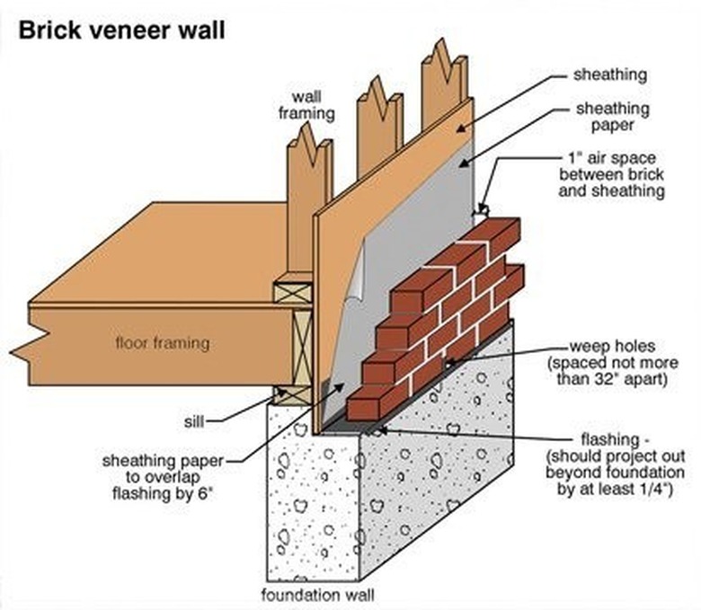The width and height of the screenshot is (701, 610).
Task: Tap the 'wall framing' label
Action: point(312,104)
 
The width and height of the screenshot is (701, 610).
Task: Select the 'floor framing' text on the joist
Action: point(162,342)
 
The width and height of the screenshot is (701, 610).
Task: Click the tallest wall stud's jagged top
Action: point(444,63)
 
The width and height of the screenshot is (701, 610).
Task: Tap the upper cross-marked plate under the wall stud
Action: point(293,293)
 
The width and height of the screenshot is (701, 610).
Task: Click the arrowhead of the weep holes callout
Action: point(450,361)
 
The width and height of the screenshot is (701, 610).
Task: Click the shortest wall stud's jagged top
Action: point(308,145)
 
